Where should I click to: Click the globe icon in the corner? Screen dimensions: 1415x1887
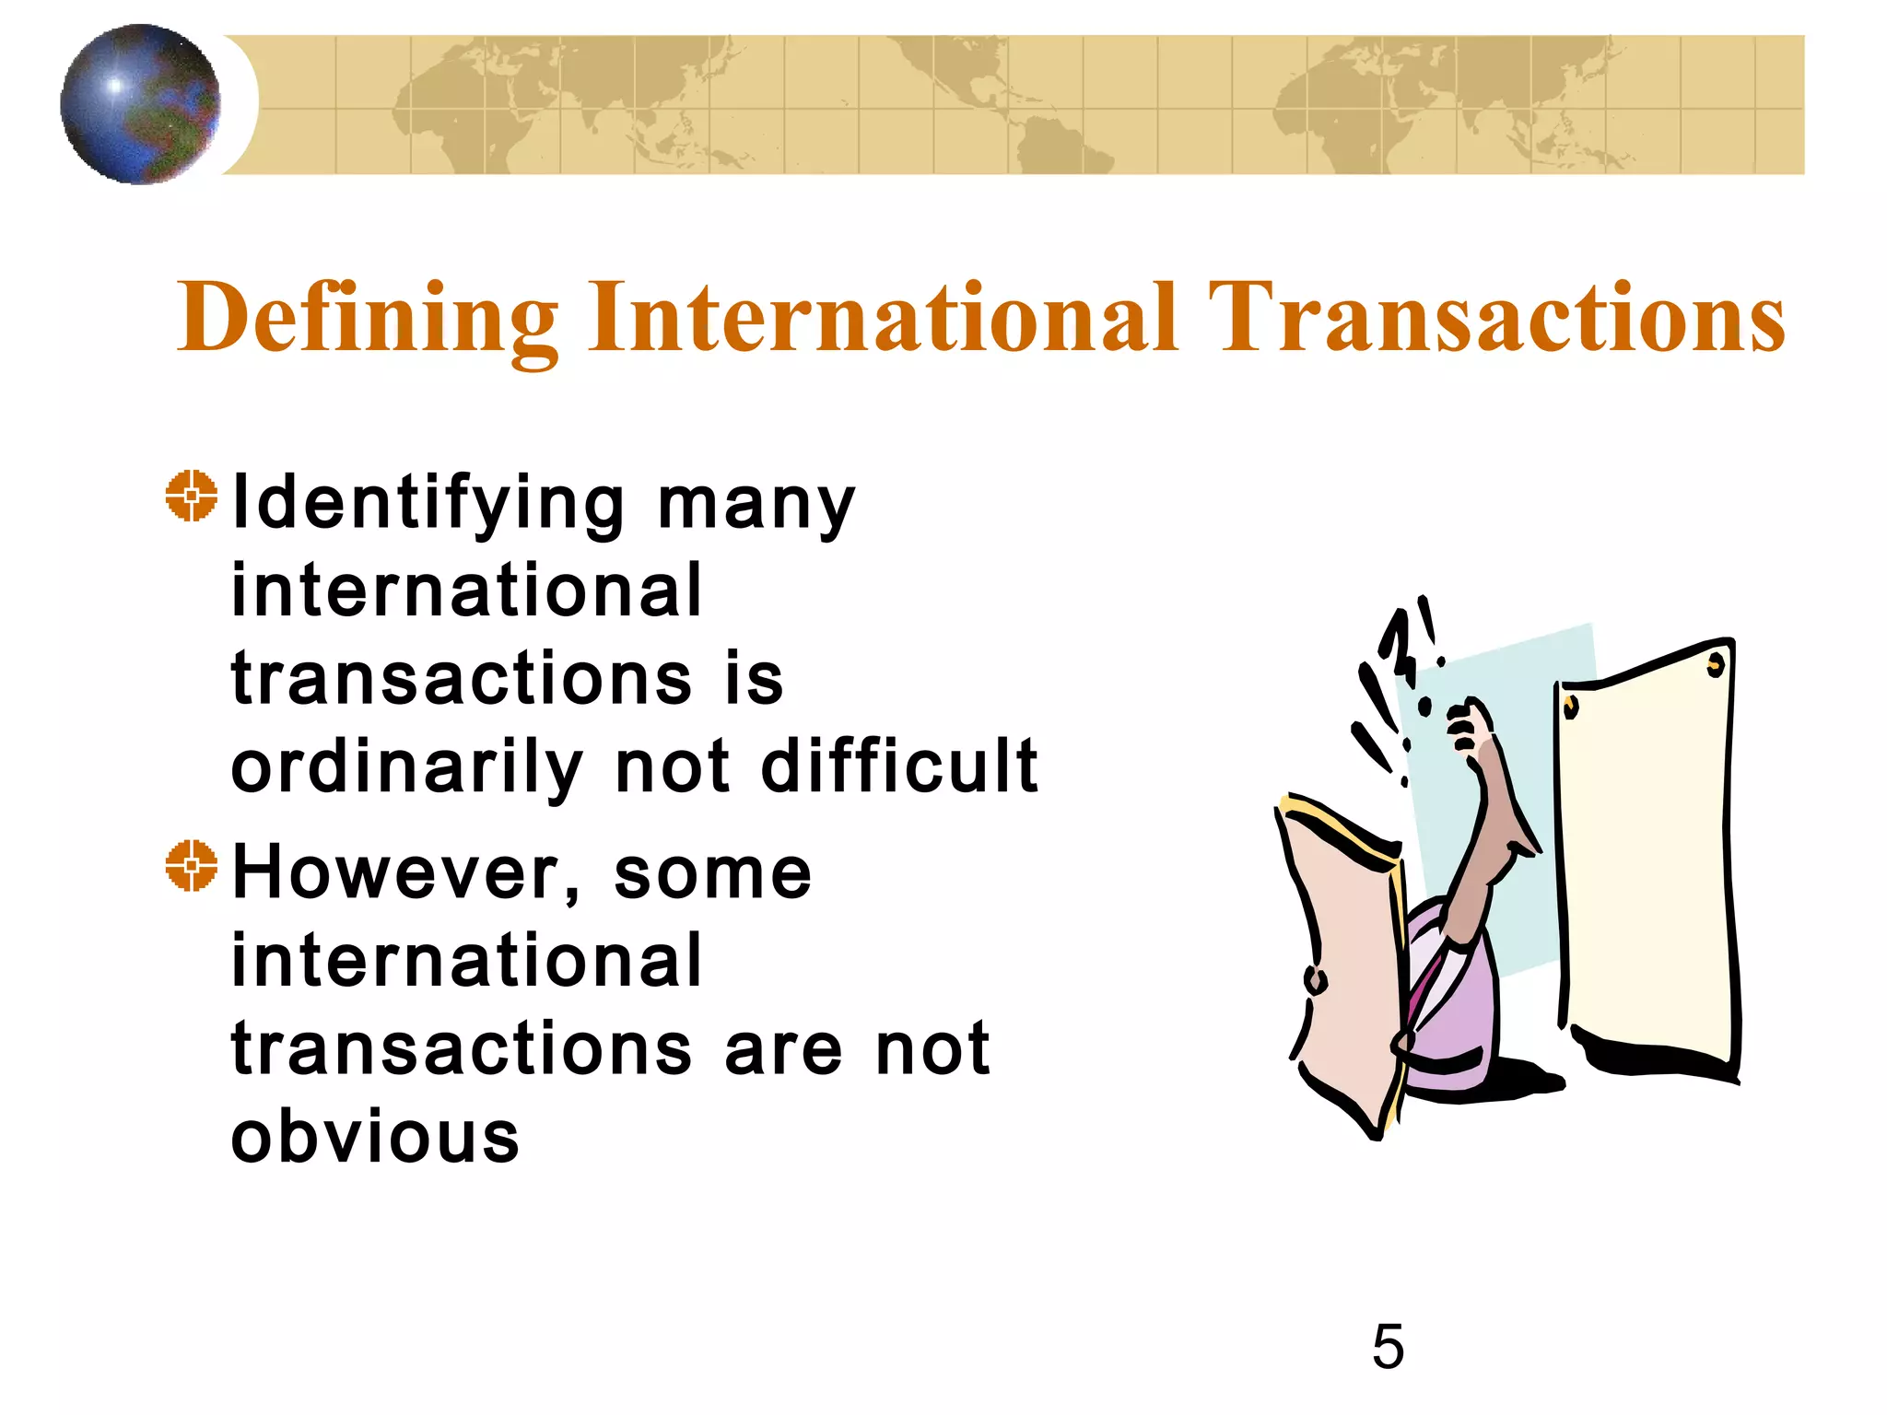[140, 104]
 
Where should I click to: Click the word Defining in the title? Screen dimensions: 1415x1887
[369, 318]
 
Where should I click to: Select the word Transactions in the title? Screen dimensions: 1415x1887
[1500, 318]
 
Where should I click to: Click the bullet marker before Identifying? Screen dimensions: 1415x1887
[192, 496]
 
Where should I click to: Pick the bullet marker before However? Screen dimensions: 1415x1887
[192, 866]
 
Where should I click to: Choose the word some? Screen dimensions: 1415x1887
[712, 873]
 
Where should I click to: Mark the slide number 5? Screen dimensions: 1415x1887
[1388, 1347]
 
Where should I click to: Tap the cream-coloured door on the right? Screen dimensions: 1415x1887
[1646, 857]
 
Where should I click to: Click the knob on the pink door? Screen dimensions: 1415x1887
[1316, 980]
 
